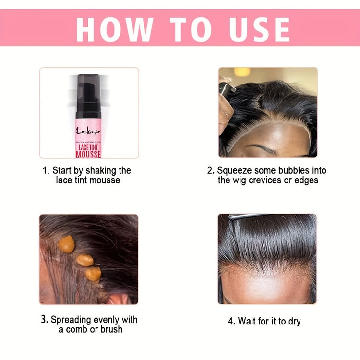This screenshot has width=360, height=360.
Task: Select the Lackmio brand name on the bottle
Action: pyautogui.click(x=88, y=131)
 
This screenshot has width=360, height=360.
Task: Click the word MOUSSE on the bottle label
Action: pyautogui.click(x=88, y=153)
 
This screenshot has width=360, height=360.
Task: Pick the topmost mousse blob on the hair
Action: pyautogui.click(x=67, y=243)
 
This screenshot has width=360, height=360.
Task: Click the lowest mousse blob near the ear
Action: pyautogui.click(x=93, y=274)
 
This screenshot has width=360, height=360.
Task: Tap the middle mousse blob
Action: pyautogui.click(x=85, y=260)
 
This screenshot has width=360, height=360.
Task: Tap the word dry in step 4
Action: pyautogui.click(x=292, y=322)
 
